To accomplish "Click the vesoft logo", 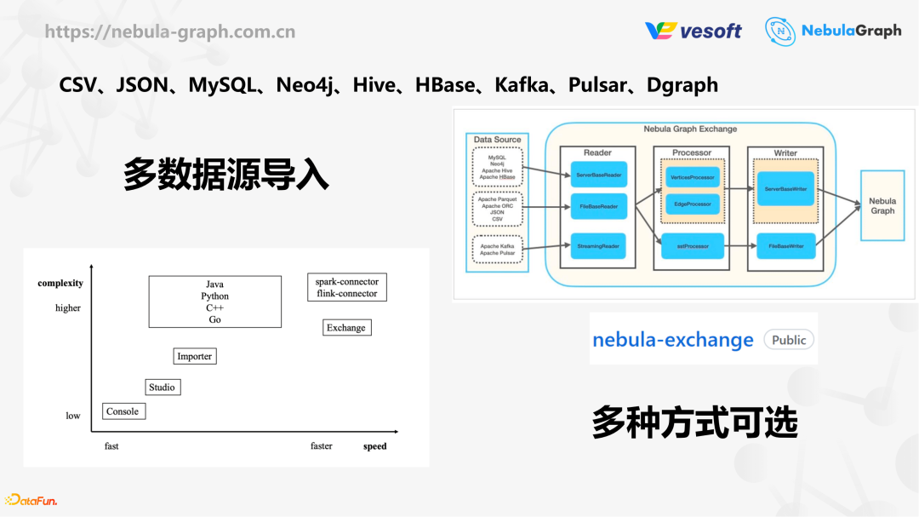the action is (x=693, y=31).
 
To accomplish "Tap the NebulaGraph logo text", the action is (x=850, y=31).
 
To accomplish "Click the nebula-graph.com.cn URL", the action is (x=170, y=32).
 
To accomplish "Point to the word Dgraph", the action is (x=682, y=85).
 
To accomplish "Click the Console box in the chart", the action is (x=123, y=411).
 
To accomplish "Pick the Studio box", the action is (x=162, y=388).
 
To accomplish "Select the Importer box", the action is (x=195, y=356).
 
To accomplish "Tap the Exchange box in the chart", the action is (x=346, y=328).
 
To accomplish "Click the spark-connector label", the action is (x=346, y=281).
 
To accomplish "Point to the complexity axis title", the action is (x=60, y=283).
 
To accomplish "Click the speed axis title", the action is (x=374, y=446).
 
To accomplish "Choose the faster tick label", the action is (x=322, y=446).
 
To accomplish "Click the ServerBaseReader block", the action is (x=598, y=175).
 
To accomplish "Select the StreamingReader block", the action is (x=598, y=246).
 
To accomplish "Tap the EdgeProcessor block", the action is (x=692, y=204).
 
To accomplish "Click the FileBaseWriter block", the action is (x=785, y=246).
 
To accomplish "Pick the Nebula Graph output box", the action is (x=882, y=206).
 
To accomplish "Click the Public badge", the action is (x=788, y=340).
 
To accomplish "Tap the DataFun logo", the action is (x=31, y=500).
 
